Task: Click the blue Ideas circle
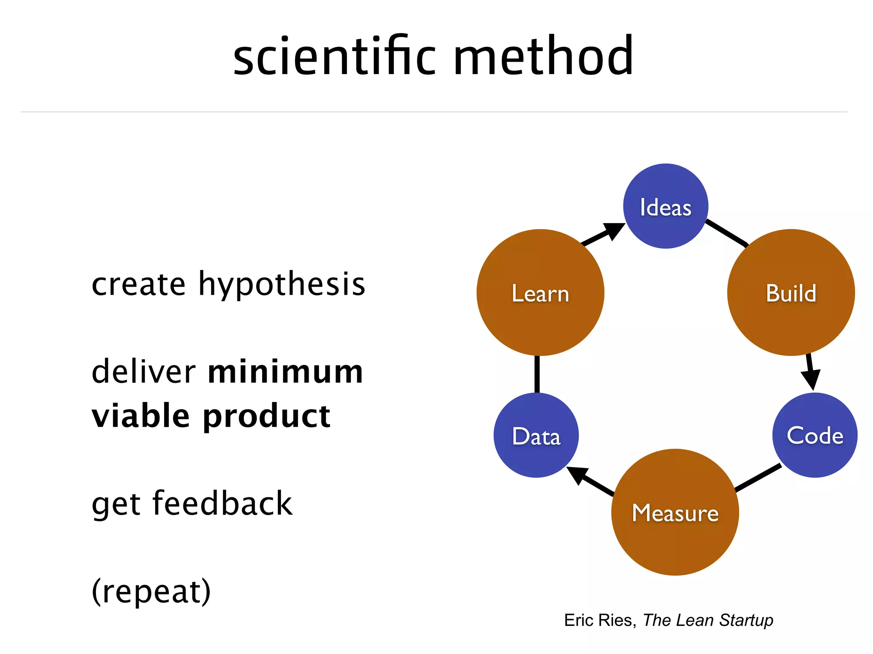(x=665, y=206)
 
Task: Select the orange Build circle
(x=791, y=293)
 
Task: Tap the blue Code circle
(x=815, y=435)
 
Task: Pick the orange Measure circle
(x=675, y=512)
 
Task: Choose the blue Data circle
(x=536, y=435)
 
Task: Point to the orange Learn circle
(x=540, y=293)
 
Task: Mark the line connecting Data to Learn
(x=537, y=374)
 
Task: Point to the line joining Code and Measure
(x=758, y=478)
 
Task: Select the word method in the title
(x=543, y=56)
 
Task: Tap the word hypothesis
(x=282, y=284)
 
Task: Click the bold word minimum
(x=285, y=371)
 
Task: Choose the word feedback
(x=223, y=503)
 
